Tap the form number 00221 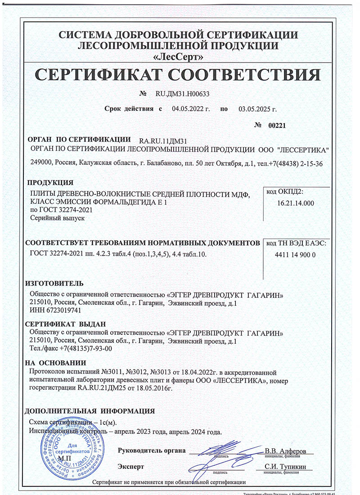(277, 126)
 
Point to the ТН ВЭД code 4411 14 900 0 (295, 255)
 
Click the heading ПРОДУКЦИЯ (50, 182)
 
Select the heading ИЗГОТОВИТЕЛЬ (54, 283)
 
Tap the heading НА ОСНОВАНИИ (55, 363)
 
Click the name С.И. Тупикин (285, 467)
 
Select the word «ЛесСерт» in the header (179, 57)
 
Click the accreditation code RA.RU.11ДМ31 (164, 141)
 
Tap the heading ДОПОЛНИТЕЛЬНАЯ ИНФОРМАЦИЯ (89, 411)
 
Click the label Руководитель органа (152, 450)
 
